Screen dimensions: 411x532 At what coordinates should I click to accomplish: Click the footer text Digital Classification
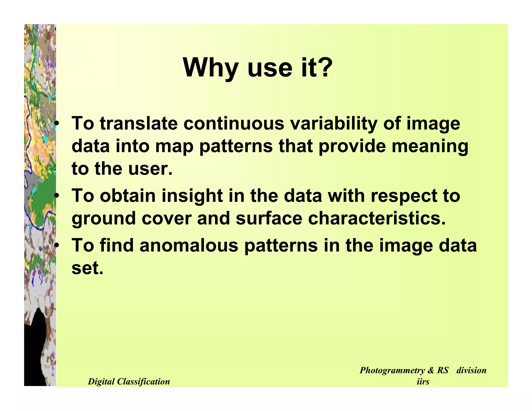[129, 381]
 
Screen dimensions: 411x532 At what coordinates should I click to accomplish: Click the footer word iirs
[423, 381]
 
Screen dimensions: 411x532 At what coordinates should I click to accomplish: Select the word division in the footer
[471, 370]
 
